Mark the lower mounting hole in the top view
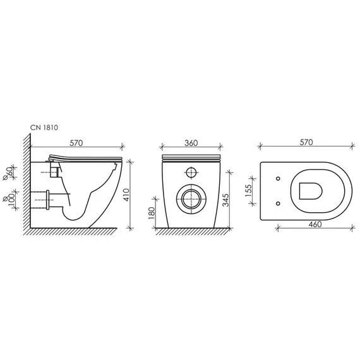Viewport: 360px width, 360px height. pos(279,203)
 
